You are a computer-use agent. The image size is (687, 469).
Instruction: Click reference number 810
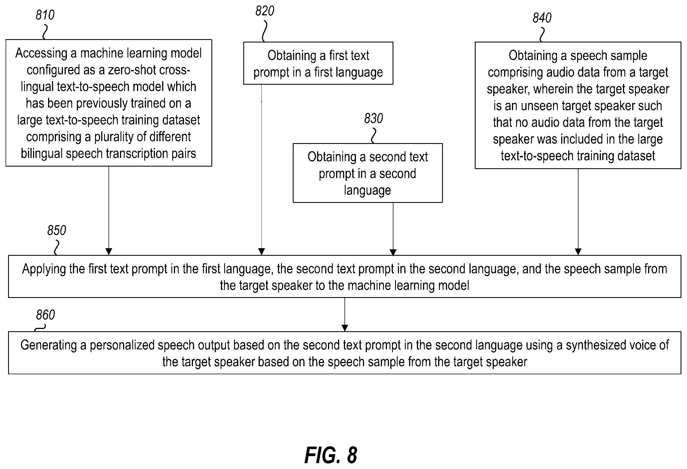pos(45,15)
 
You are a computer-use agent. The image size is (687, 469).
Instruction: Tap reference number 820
pos(265,11)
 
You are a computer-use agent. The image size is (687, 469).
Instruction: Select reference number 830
pos(373,119)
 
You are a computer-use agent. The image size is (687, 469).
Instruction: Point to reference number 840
pos(542,18)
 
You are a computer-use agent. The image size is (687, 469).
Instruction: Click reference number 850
pos(56,230)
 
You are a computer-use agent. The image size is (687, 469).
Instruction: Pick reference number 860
pos(45,315)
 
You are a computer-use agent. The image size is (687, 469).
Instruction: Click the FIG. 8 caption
pos(331,455)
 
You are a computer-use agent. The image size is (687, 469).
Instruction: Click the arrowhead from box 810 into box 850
pos(109,252)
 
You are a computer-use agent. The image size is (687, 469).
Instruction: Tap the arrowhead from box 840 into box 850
pos(578,252)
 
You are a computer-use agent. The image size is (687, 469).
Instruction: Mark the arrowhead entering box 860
pos(345,328)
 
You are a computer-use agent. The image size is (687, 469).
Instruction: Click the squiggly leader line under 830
pos(374,136)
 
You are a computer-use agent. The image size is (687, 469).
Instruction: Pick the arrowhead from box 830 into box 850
pos(393,252)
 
